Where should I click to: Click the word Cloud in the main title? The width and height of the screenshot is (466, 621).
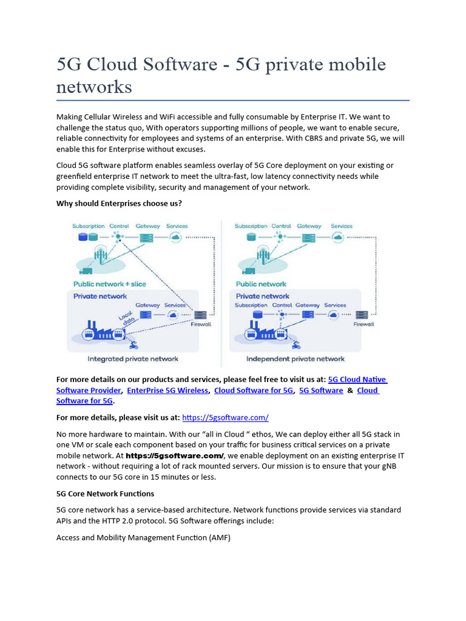pos(115,65)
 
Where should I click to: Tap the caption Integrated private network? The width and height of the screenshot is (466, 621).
pos(133,358)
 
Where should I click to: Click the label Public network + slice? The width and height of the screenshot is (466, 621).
pos(110,284)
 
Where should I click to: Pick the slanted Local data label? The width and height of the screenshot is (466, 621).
pos(127,319)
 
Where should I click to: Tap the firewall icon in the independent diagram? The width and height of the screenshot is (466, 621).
pos(363,314)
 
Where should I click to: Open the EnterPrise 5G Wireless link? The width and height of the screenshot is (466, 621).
pos(167,391)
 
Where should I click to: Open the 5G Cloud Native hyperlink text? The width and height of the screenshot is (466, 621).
pos(357,380)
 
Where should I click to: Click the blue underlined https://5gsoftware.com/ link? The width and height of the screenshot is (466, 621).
pos(225,418)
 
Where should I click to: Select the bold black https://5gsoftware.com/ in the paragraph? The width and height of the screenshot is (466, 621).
pos(175,455)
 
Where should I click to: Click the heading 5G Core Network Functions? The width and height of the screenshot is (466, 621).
pos(105,494)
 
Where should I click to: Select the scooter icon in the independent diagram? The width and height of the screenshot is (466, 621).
pos(296,345)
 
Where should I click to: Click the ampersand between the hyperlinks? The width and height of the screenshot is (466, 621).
pos(350,391)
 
